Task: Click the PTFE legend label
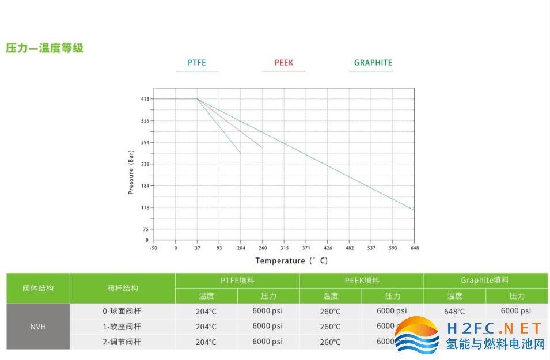(x=196, y=63)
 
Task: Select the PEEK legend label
(x=284, y=63)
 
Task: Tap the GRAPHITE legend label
(x=373, y=63)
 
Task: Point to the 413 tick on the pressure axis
(x=145, y=99)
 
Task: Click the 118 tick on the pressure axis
(x=145, y=207)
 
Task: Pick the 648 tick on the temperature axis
(x=415, y=248)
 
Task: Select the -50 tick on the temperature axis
(x=153, y=248)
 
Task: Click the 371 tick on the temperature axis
(x=306, y=248)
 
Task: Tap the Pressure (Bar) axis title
(x=131, y=172)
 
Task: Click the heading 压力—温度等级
(x=45, y=48)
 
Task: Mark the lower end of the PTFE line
(x=240, y=153)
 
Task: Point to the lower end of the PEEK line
(x=262, y=147)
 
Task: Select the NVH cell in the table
(x=38, y=327)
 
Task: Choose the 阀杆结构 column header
(x=122, y=288)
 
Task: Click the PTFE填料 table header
(x=237, y=281)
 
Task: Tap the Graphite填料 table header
(x=485, y=281)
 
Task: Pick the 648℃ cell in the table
(x=454, y=312)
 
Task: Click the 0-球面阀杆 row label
(x=122, y=311)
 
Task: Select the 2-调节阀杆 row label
(x=122, y=342)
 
